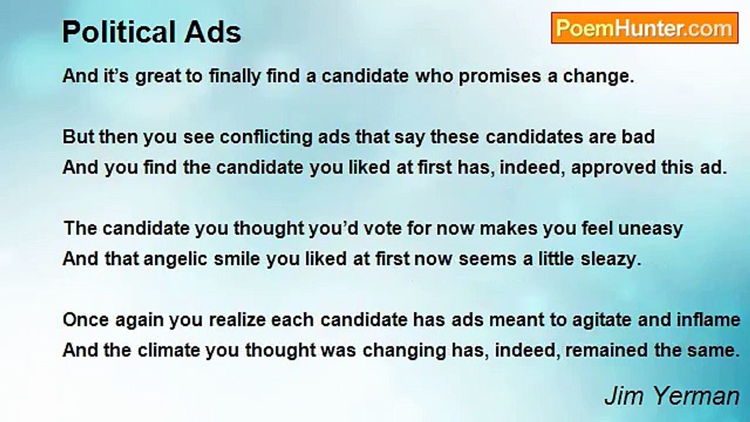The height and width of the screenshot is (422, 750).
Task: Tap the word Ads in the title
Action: pyautogui.click(x=213, y=32)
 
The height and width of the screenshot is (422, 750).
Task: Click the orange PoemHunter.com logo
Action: pyautogui.click(x=645, y=28)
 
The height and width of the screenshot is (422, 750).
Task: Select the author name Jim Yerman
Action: pyautogui.click(x=671, y=396)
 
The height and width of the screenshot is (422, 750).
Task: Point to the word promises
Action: pyautogui.click(x=500, y=77)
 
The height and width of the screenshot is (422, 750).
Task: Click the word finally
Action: pyautogui.click(x=235, y=77)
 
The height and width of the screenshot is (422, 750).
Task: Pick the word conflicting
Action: pyautogui.click(x=265, y=138)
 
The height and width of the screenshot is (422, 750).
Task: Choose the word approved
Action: pyautogui.click(x=613, y=168)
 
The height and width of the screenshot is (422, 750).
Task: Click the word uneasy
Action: pyautogui.click(x=650, y=229)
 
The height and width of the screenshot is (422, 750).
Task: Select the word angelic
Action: pyautogui.click(x=175, y=260)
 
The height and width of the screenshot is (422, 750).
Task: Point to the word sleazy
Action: pyautogui.click(x=611, y=260)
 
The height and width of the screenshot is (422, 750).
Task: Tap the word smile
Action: pyautogui.click(x=237, y=259)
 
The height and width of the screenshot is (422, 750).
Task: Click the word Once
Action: pyautogui.click(x=86, y=320)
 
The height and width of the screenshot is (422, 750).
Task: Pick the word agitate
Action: pyautogui.click(x=602, y=321)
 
